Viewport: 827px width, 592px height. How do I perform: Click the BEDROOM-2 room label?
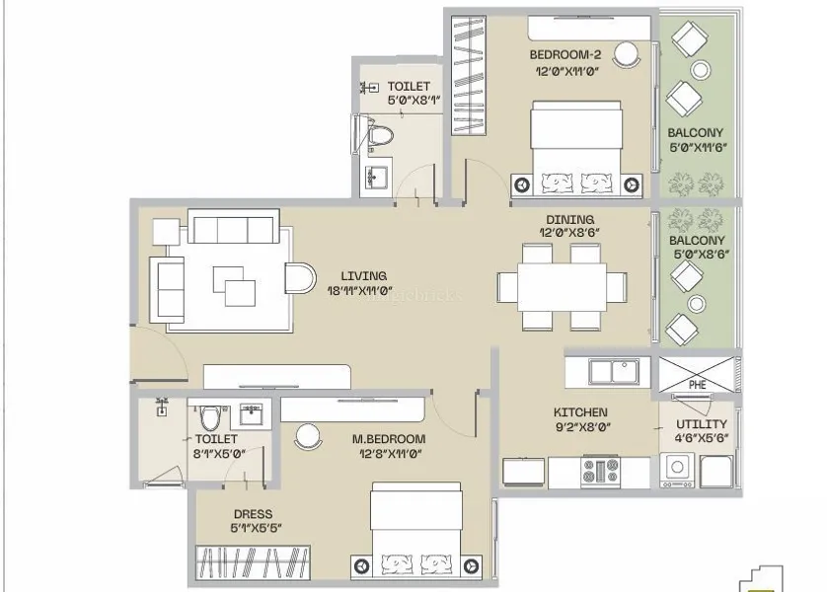pyautogui.click(x=564, y=55)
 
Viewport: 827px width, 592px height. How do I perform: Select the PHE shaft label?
pyautogui.click(x=698, y=385)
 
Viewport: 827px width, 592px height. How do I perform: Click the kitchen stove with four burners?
pyautogui.click(x=600, y=471)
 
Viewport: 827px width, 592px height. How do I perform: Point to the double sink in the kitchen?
pyautogui.click(x=614, y=371)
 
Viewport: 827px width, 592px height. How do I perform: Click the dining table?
pyautogui.click(x=562, y=288)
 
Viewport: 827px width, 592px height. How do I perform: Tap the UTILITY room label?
pyautogui.click(x=702, y=424)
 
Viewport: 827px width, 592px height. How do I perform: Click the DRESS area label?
pyautogui.click(x=254, y=514)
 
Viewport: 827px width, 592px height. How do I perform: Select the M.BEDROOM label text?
pyautogui.click(x=389, y=439)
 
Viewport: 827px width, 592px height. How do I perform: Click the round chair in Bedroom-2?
pyautogui.click(x=627, y=54)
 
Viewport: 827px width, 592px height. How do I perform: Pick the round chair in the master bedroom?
pyautogui.click(x=308, y=437)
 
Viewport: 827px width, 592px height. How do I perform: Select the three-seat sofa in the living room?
pyautogui.click(x=233, y=226)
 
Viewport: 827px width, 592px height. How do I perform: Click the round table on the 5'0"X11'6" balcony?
pyautogui.click(x=701, y=70)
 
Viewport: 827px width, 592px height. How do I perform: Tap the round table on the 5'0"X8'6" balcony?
pyautogui.click(x=697, y=304)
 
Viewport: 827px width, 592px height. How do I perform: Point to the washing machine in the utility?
pyautogui.click(x=677, y=470)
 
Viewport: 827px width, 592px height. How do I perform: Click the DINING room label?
pyautogui.click(x=569, y=219)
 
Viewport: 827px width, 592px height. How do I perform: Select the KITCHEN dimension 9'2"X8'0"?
pyautogui.click(x=583, y=426)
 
